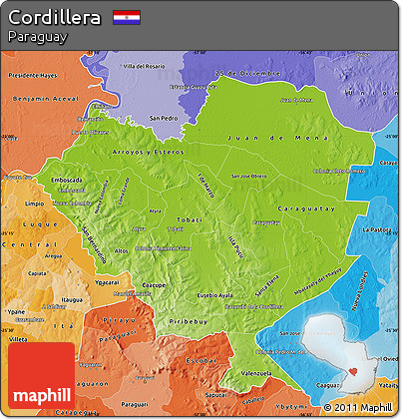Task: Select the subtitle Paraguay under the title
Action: click(37, 37)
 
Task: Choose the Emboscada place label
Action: click(68, 180)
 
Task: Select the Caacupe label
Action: click(149, 284)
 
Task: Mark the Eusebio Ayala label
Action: click(215, 294)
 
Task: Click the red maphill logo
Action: click(41, 376)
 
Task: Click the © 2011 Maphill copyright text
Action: click(358, 407)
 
